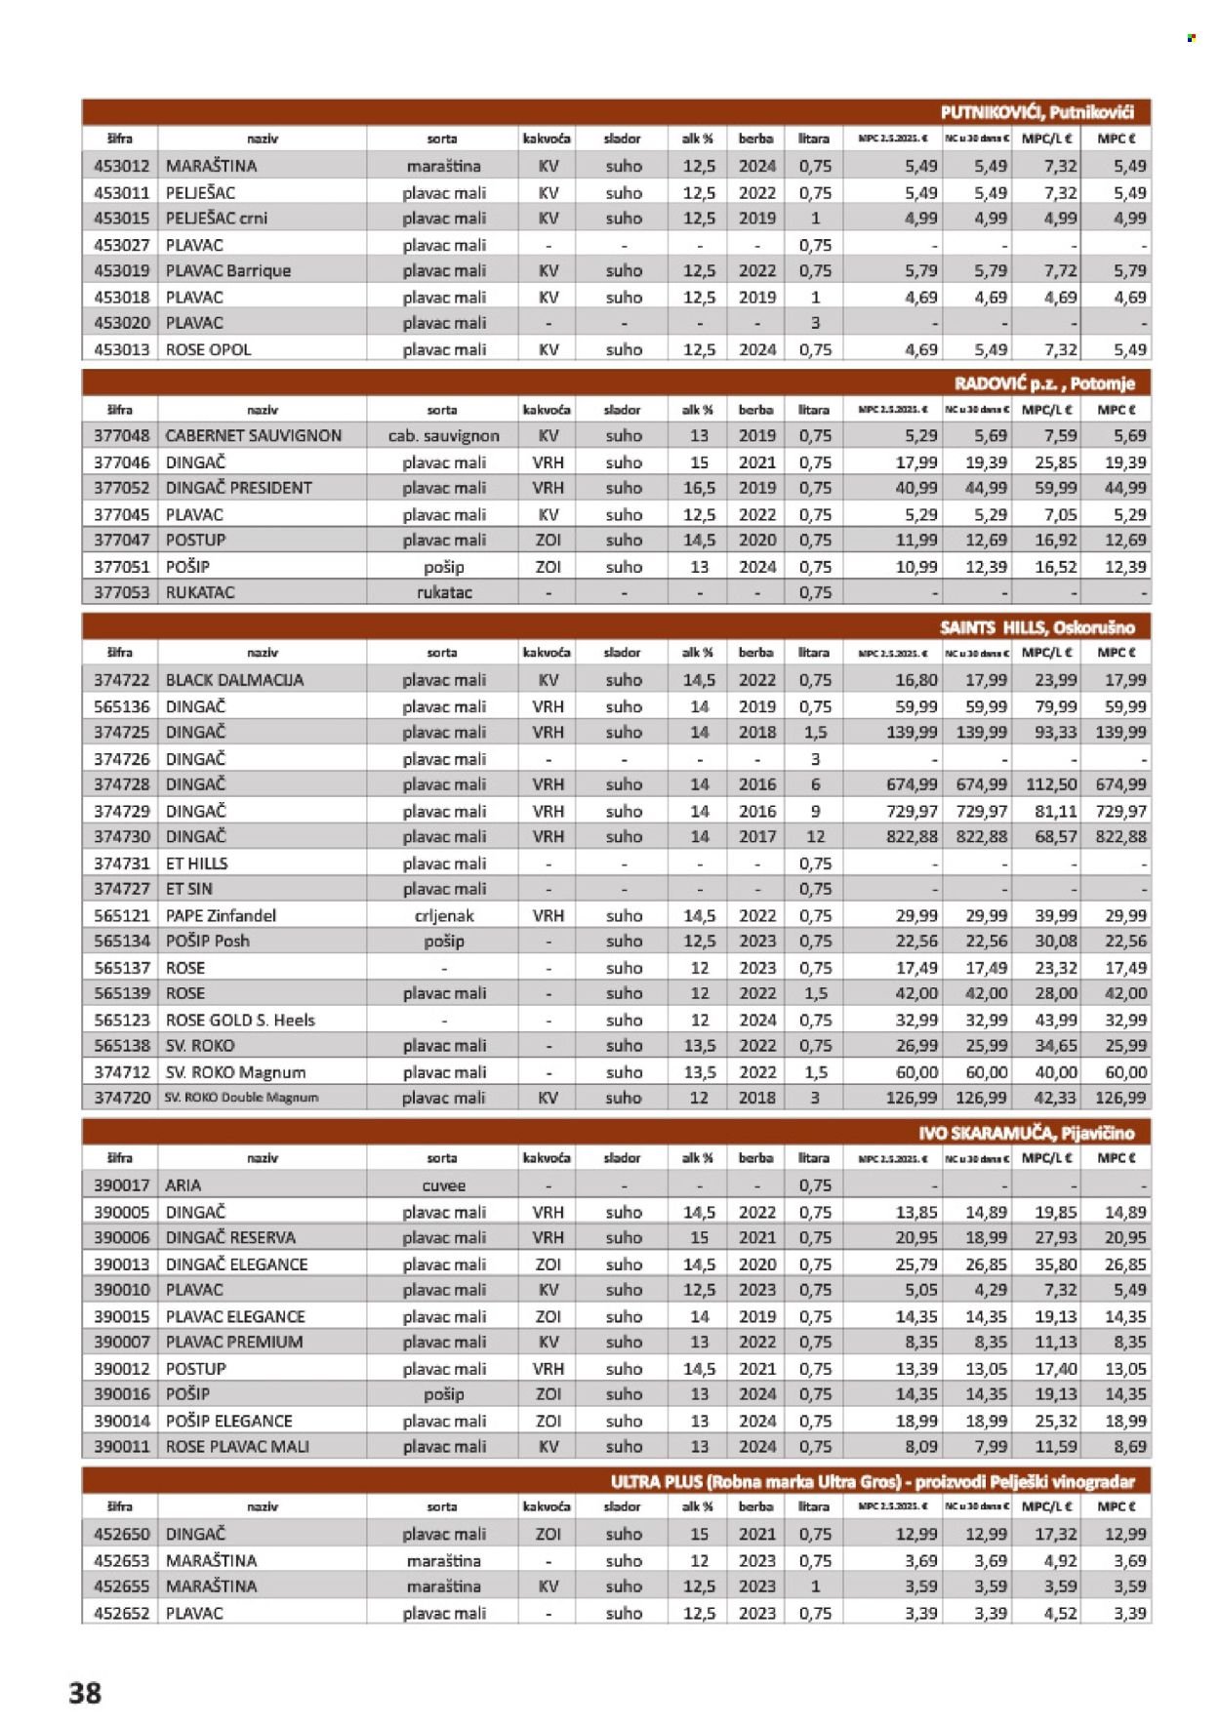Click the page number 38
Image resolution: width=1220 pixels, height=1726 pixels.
85,1692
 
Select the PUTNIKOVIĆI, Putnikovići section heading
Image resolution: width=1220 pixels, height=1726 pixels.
1037,112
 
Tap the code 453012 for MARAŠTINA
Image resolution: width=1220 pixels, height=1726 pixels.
121,166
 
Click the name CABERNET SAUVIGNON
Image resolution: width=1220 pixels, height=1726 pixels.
254,436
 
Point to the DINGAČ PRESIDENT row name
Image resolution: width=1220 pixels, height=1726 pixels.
239,488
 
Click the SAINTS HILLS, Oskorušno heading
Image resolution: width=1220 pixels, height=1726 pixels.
1037,627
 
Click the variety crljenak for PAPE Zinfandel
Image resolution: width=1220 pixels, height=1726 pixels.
444,915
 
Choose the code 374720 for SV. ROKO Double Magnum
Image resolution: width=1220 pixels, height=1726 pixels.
122,1098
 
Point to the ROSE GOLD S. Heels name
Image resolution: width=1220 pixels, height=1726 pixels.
240,1020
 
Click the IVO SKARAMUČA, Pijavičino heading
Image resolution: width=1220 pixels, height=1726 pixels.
1026,1133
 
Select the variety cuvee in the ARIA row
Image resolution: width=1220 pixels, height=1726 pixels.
444,1185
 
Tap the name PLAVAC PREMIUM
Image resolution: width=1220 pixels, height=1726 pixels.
234,1342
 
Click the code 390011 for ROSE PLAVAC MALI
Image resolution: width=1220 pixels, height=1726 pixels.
121,1446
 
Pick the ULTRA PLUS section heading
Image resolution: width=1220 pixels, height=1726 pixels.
872,1481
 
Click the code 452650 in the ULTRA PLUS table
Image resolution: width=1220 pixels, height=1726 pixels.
121,1534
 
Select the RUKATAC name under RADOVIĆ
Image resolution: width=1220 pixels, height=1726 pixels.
200,592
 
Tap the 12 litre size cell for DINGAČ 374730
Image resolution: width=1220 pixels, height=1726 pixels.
815,836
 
